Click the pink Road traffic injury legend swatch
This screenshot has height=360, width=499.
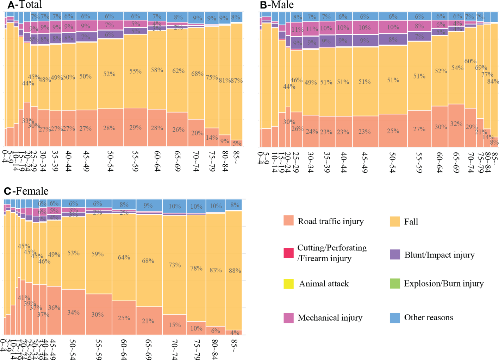pyautogui.click(x=288, y=221)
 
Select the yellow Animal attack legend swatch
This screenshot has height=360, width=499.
pyautogui.click(x=288, y=284)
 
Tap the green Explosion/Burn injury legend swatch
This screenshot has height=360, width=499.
pyautogui.click(x=395, y=284)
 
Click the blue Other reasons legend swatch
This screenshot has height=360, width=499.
pyautogui.click(x=395, y=318)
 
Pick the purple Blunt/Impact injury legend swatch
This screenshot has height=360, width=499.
pyautogui.click(x=395, y=254)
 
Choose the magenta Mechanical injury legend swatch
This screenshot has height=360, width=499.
pyautogui.click(x=288, y=318)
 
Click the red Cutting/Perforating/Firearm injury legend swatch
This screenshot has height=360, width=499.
pyautogui.click(x=288, y=253)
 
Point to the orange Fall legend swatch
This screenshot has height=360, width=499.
pyautogui.click(x=395, y=221)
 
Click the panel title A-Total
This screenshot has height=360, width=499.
pyautogui.click(x=25, y=5)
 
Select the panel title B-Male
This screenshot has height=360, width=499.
pyautogui.click(x=277, y=5)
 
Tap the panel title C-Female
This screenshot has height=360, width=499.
pyautogui.click(x=26, y=191)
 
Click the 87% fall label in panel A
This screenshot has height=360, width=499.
pyautogui.click(x=237, y=81)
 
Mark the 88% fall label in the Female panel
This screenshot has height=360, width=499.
pyautogui.click(x=235, y=271)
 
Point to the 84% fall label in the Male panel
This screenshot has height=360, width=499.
pyautogui.click(x=493, y=82)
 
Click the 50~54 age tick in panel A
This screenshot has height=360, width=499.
pyautogui.click(x=110, y=162)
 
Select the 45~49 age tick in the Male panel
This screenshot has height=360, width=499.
pyautogui.click(x=364, y=162)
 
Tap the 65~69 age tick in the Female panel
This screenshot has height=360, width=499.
pyautogui.click(x=148, y=349)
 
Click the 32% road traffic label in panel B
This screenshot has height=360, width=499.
pyautogui.click(x=456, y=124)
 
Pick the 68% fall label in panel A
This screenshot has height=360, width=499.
pyautogui.click(x=197, y=74)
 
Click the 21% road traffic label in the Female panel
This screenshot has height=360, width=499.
pyautogui.click(x=148, y=321)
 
